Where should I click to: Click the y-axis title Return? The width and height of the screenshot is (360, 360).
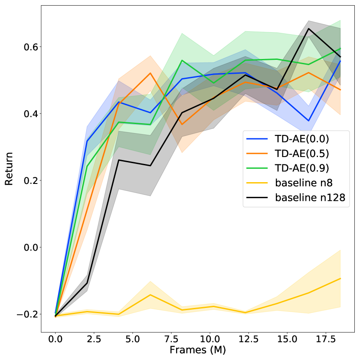coord(9,168)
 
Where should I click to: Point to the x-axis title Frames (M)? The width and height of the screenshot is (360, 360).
coord(198,349)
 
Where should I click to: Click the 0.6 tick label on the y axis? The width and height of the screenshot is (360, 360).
coord(29,47)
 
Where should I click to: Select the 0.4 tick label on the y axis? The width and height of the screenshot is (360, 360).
coord(29,114)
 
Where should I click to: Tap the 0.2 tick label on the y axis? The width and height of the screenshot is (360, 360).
coord(29,180)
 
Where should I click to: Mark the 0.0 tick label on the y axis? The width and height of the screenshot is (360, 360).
coord(29,247)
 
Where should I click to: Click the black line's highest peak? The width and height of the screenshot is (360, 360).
coord(309,29)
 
